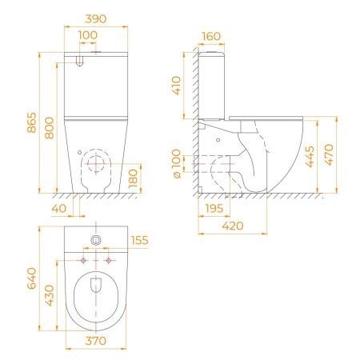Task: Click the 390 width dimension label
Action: click(x=96, y=19)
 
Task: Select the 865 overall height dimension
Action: click(x=32, y=122)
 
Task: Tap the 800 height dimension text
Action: click(x=50, y=128)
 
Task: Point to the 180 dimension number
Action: click(x=133, y=178)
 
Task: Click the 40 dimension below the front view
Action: click(x=59, y=208)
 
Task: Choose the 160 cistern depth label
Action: click(x=211, y=36)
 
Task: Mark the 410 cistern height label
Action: click(x=176, y=86)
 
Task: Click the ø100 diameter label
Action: click(x=176, y=163)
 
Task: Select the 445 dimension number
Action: click(x=310, y=157)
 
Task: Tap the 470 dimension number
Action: click(x=329, y=154)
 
